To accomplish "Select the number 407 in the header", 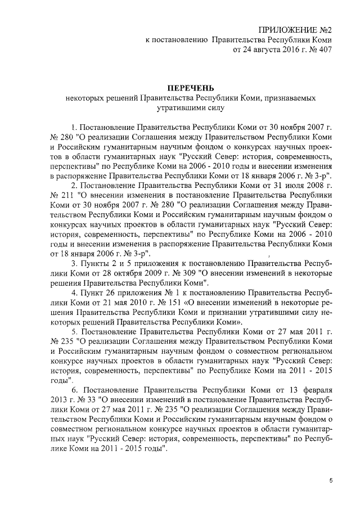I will (323, 51).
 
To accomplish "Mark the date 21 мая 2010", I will (124, 303).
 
